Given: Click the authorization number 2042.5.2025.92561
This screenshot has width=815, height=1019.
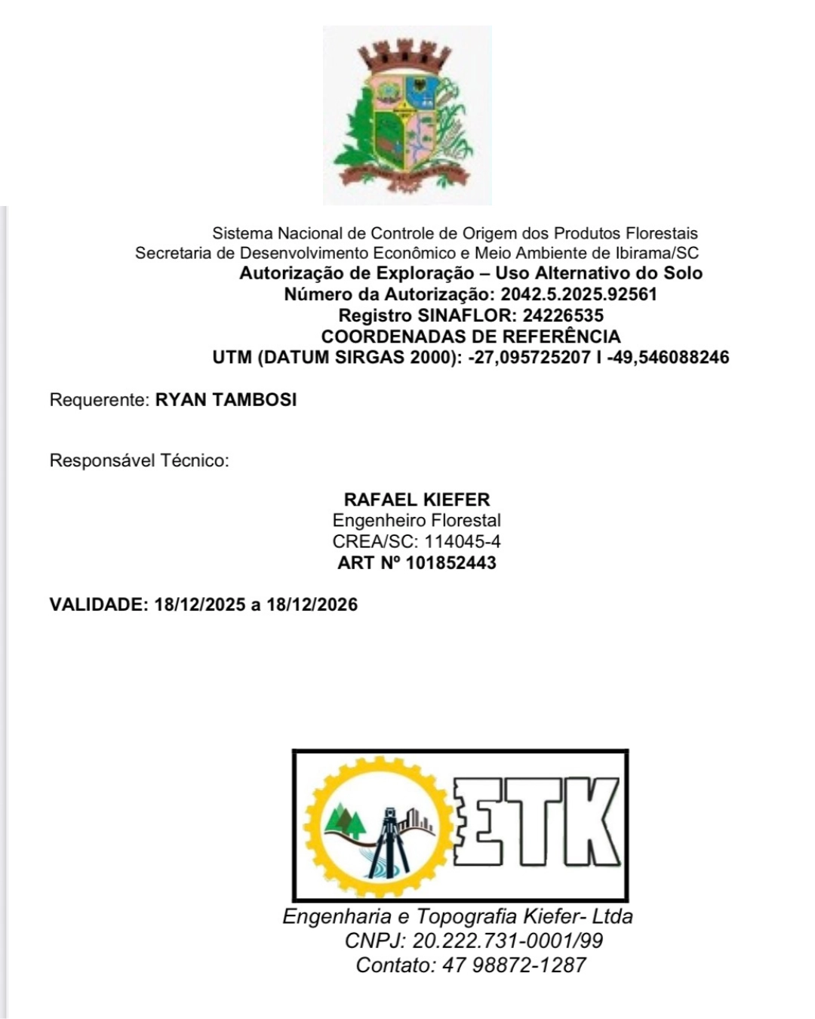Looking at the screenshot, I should [x=578, y=294].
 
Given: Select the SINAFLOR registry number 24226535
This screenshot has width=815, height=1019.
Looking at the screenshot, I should [x=563, y=316].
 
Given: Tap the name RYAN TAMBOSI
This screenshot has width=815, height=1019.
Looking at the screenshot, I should [x=226, y=400].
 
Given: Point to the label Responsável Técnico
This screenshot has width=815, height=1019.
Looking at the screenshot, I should [x=139, y=460].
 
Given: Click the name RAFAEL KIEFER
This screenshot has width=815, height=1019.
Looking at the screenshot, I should [x=417, y=500].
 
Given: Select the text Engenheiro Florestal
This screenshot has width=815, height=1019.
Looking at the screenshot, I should [x=417, y=521].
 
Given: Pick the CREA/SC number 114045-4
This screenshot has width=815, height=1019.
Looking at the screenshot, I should [x=463, y=542].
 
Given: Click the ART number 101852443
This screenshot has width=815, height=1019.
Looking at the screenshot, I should [x=451, y=563].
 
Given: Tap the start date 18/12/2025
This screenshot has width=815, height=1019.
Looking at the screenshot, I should [x=200, y=605].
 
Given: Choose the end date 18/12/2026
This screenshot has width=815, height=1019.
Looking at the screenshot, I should [x=312, y=605].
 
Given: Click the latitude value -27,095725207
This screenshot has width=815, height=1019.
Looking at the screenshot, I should [x=529, y=358].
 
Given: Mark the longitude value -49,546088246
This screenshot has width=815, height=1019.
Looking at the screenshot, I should [x=668, y=358].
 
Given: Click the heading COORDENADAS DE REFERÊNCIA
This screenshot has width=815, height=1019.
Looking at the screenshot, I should [x=471, y=337].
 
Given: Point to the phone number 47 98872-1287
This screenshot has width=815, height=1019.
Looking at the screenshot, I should [x=514, y=965].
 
